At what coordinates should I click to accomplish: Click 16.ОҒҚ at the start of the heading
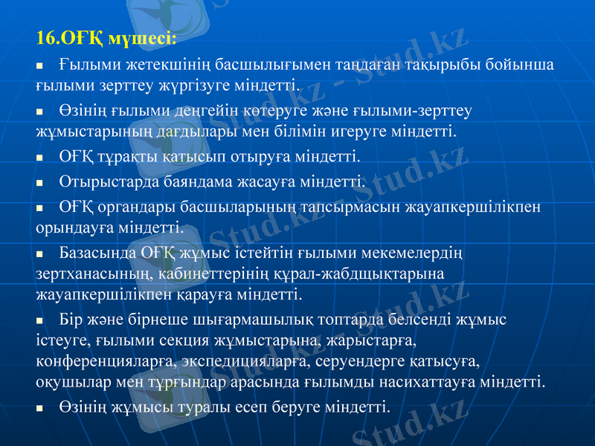[70, 37]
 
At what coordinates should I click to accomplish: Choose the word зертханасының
[86, 274]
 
